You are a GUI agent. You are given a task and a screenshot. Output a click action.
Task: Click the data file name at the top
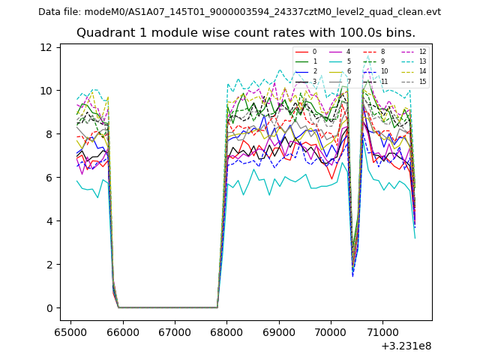239,12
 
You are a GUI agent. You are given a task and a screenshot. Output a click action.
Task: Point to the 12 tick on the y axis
46,47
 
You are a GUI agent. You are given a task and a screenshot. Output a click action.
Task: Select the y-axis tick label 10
46,91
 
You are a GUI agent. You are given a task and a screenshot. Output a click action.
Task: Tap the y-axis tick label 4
49,221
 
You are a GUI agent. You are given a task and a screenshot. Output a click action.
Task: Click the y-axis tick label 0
49,308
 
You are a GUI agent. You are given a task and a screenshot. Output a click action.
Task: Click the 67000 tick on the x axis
175,331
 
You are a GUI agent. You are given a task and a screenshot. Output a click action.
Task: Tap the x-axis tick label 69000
279,331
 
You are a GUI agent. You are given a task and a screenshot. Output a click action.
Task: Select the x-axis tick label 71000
383,331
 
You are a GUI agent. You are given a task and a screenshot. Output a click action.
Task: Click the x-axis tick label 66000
122,331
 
